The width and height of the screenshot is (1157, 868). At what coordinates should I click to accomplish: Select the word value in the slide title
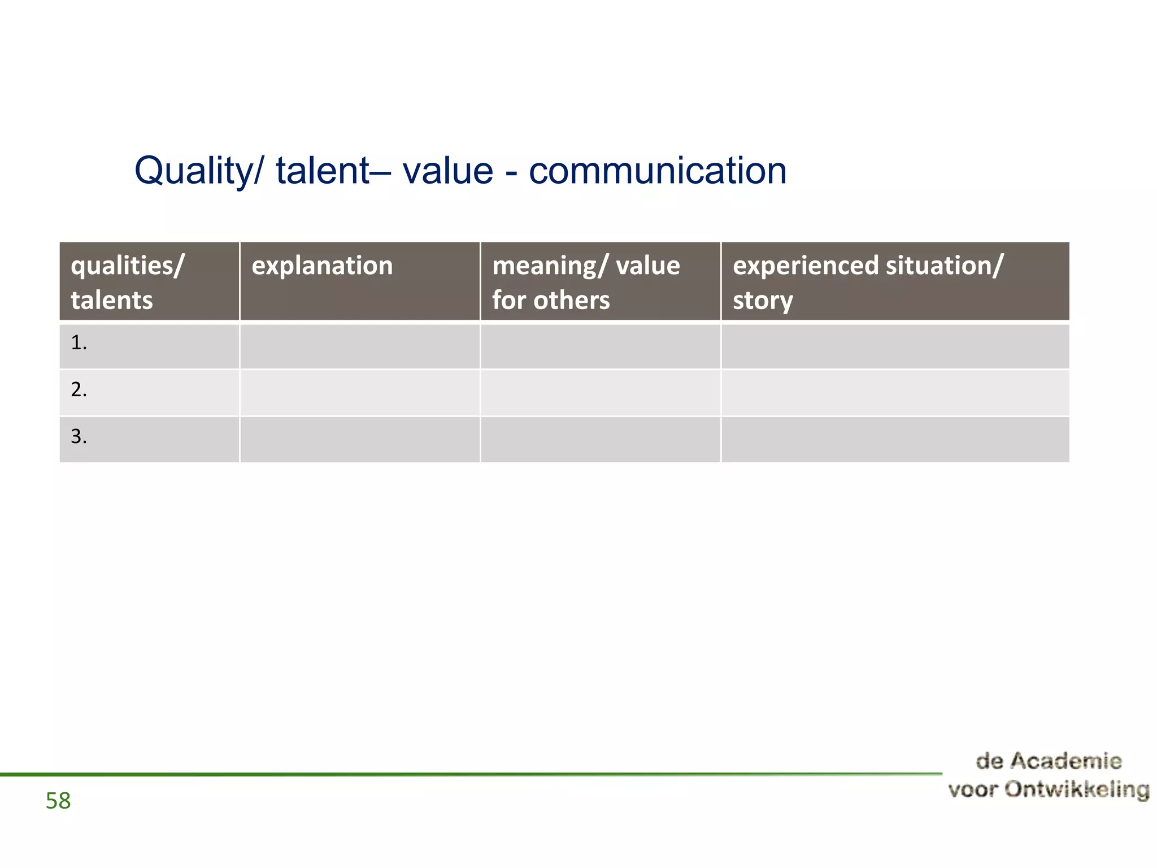pos(447,171)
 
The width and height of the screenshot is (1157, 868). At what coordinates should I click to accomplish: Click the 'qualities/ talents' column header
pos(128,282)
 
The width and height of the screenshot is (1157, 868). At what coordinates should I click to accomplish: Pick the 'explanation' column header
pos(322,266)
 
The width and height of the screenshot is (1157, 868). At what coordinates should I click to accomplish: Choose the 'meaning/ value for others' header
pos(586,282)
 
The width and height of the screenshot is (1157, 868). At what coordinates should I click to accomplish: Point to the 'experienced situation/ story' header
pos(868,282)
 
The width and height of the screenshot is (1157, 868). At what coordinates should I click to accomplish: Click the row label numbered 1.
pos(79,343)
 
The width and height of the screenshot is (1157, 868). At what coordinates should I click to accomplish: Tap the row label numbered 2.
pos(79,390)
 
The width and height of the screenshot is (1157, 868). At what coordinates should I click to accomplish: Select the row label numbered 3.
pos(79,437)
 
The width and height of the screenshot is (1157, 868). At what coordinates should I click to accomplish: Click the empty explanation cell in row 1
pos(360,346)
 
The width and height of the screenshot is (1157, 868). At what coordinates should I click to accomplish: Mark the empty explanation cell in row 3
pos(360,440)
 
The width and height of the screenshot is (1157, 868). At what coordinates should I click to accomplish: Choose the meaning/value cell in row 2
pos(601,393)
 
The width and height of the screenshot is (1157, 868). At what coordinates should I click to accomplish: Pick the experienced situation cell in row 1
pos(895,346)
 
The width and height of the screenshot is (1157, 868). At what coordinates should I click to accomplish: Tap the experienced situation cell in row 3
pos(895,440)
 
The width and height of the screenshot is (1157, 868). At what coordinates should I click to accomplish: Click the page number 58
pos(58,801)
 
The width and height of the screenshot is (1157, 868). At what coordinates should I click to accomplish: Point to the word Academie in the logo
pos(1065,761)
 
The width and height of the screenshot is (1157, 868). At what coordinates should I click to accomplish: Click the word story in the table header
pos(763,301)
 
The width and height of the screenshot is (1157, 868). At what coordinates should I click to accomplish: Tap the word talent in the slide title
pos(322,171)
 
